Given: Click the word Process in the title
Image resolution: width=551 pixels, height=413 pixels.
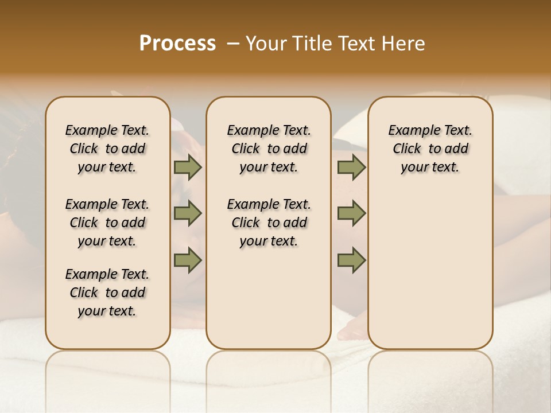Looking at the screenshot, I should click(x=177, y=43).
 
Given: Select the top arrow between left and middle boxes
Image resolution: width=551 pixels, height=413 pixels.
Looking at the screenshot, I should click(x=188, y=167).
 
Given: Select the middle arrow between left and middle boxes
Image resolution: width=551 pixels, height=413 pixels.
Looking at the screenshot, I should click(x=188, y=213).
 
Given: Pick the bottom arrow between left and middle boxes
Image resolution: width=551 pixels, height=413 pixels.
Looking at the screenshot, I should click(x=188, y=260).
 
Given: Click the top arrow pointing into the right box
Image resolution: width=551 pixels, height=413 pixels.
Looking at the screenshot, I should click(x=351, y=167).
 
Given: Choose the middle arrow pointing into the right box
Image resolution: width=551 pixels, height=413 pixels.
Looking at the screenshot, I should click(x=351, y=213).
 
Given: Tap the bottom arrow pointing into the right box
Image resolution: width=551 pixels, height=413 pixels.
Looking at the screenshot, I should click(x=351, y=260).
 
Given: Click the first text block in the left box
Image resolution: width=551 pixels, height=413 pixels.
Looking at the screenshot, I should click(x=107, y=149).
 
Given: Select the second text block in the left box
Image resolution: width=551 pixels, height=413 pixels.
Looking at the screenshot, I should click(x=107, y=223).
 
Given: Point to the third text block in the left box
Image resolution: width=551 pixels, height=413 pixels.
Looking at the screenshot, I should click(x=107, y=293).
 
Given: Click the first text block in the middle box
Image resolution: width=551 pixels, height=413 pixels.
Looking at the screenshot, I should click(x=269, y=149).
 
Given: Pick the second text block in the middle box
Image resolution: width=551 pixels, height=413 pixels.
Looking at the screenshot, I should click(x=269, y=223).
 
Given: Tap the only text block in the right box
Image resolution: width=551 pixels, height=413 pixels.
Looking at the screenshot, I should click(x=430, y=149).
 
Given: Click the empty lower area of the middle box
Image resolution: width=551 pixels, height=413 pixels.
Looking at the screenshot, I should click(x=269, y=298).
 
